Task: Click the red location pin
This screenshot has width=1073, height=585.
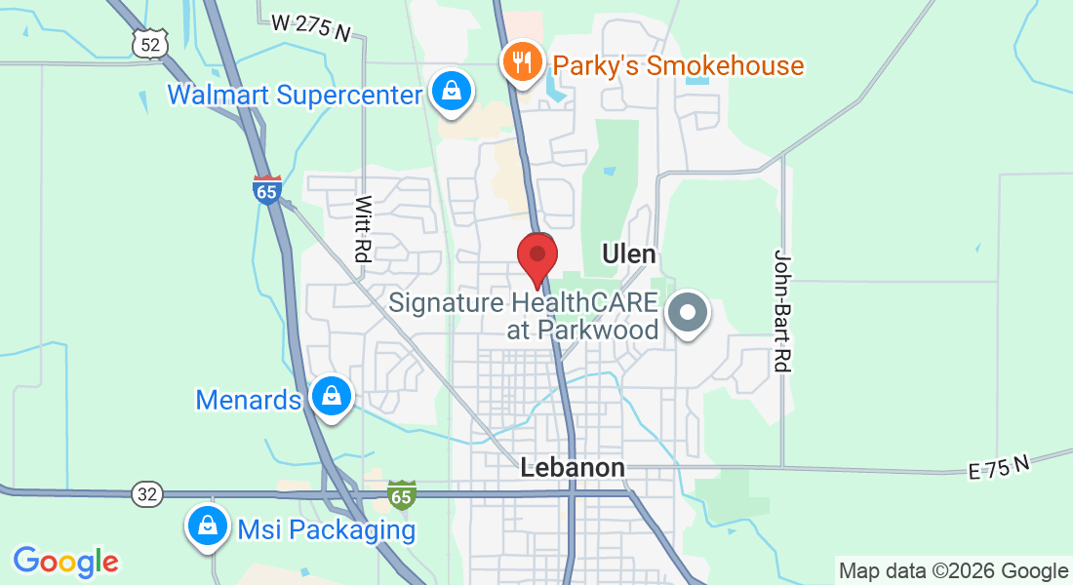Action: click(536, 257)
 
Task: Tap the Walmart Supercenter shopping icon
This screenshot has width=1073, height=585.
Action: click(452, 92)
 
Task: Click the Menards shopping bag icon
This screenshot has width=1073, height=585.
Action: click(332, 397)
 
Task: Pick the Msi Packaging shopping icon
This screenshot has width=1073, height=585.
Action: click(208, 526)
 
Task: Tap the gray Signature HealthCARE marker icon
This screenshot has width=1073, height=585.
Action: click(689, 314)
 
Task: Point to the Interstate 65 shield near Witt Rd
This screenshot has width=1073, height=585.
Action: click(266, 189)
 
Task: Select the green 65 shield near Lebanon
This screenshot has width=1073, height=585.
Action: click(401, 494)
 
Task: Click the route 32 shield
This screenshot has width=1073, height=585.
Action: click(146, 494)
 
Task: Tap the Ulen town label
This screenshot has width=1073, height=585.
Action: click(628, 255)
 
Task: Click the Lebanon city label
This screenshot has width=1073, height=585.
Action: click(573, 468)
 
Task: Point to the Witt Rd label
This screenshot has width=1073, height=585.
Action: click(363, 229)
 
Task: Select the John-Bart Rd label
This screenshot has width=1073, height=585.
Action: click(780, 310)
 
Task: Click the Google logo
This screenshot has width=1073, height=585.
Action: click(65, 561)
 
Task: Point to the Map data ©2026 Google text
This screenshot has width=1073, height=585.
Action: click(953, 571)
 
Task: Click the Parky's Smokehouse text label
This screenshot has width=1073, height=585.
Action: click(678, 66)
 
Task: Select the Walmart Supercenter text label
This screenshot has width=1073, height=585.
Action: click(294, 95)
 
